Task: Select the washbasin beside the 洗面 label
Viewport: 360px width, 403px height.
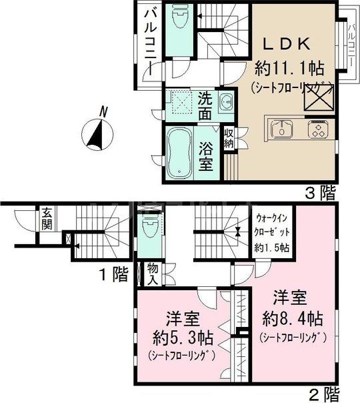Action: click(225, 103)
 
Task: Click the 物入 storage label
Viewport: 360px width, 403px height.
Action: click(153, 272)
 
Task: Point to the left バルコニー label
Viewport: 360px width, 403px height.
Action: click(149, 42)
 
